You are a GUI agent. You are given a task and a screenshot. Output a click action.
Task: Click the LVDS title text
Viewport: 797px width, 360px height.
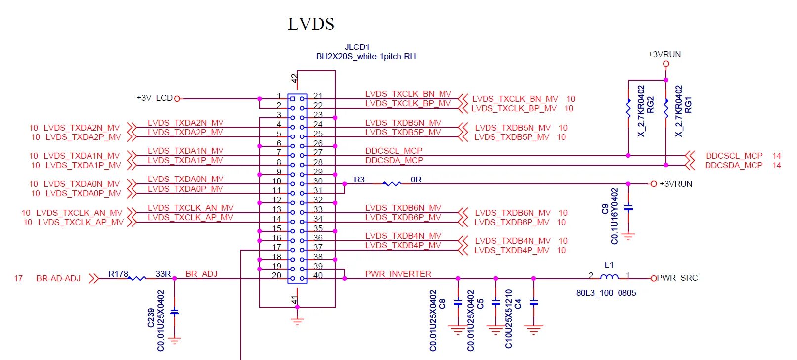(x=311, y=24)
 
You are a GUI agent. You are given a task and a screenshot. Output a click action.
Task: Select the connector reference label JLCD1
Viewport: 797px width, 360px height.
(x=357, y=47)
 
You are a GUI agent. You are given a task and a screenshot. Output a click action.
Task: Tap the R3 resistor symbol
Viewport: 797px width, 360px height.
(x=392, y=183)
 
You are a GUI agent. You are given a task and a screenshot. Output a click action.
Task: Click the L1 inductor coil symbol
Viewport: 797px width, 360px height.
(x=609, y=277)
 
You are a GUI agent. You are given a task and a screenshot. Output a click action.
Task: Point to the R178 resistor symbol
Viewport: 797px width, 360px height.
(x=136, y=278)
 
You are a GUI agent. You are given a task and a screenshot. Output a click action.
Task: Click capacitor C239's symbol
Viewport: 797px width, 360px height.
(x=174, y=312)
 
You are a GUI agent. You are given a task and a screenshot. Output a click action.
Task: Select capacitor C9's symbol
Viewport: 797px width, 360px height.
(x=628, y=208)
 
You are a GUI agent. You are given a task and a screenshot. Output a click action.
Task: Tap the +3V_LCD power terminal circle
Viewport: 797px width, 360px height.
(x=177, y=99)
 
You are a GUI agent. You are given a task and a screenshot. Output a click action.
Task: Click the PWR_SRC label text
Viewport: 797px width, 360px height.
(x=677, y=278)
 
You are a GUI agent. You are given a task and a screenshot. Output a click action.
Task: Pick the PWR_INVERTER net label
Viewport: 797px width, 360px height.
(x=398, y=274)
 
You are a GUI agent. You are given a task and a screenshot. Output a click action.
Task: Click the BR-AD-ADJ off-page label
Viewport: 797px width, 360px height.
(x=58, y=278)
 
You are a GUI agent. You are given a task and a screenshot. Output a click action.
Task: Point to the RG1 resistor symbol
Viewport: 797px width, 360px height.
(x=666, y=108)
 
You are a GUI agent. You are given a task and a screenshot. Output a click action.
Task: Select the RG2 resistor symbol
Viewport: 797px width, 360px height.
(x=628, y=108)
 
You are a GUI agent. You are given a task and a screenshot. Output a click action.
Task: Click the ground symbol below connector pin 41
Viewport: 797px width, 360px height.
(x=297, y=321)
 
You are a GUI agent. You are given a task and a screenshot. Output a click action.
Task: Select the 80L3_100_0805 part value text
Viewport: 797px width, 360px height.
(x=606, y=293)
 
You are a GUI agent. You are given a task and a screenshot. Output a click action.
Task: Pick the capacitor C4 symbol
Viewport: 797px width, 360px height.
(x=533, y=302)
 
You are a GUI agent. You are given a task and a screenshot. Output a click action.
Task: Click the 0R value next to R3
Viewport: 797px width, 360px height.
(x=416, y=180)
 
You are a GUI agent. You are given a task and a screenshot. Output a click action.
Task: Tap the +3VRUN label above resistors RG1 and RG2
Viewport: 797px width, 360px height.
(x=664, y=54)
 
